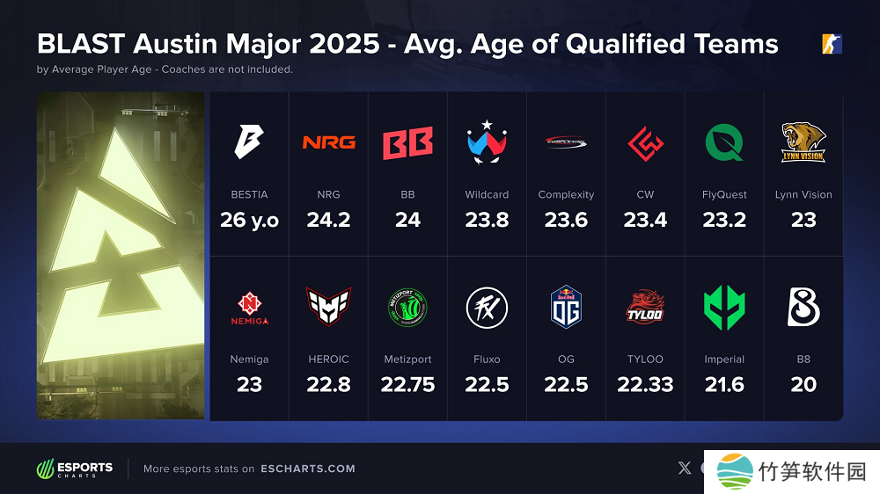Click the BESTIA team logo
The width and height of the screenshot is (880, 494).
coord(249,142)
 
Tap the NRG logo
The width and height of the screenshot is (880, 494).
coord(328,142)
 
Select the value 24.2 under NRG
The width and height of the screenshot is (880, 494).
coord(328,220)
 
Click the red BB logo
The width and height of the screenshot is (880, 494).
coord(407,143)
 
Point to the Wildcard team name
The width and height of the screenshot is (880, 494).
coord(487,195)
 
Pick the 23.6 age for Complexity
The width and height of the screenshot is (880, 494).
coord(566,220)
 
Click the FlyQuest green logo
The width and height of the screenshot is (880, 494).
coord(724,142)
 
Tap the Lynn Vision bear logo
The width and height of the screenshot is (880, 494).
coord(803,142)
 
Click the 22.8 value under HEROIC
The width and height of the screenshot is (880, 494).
coord(328,384)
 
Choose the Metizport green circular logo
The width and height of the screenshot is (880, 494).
coord(407,307)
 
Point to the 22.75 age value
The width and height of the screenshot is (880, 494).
coord(407,384)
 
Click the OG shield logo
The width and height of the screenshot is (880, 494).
coord(566,307)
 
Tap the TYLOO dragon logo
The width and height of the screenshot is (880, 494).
coord(645,307)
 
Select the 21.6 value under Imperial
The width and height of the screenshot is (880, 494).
coord(724,384)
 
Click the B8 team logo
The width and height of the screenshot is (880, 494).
coord(803,307)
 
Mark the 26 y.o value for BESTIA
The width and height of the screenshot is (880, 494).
coord(249,220)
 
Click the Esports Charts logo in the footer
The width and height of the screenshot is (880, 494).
coord(75,469)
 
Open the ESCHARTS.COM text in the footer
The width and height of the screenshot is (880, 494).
coord(308,469)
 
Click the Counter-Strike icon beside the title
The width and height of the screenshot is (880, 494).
coord(832,44)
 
